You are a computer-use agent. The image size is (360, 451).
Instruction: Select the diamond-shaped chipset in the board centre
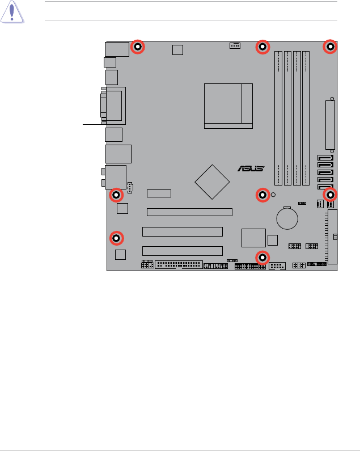(213, 182)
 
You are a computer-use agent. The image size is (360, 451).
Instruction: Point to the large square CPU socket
(228, 106)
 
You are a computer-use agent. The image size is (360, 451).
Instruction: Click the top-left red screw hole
(137, 48)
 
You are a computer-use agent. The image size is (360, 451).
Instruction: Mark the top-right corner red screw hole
(331, 48)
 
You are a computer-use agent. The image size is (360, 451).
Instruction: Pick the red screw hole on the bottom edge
(261, 258)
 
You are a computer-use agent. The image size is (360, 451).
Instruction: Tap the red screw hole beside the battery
(262, 196)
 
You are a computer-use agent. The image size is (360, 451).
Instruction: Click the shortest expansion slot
(159, 193)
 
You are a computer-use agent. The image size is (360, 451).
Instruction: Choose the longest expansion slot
(189, 212)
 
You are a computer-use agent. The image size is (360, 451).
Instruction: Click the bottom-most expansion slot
(182, 251)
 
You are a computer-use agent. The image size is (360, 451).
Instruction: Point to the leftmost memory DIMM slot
(278, 118)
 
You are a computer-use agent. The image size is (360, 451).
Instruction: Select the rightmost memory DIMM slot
(306, 118)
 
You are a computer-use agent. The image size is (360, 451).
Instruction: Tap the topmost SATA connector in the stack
(325, 159)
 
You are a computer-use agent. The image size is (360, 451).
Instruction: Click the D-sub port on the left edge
(115, 106)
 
